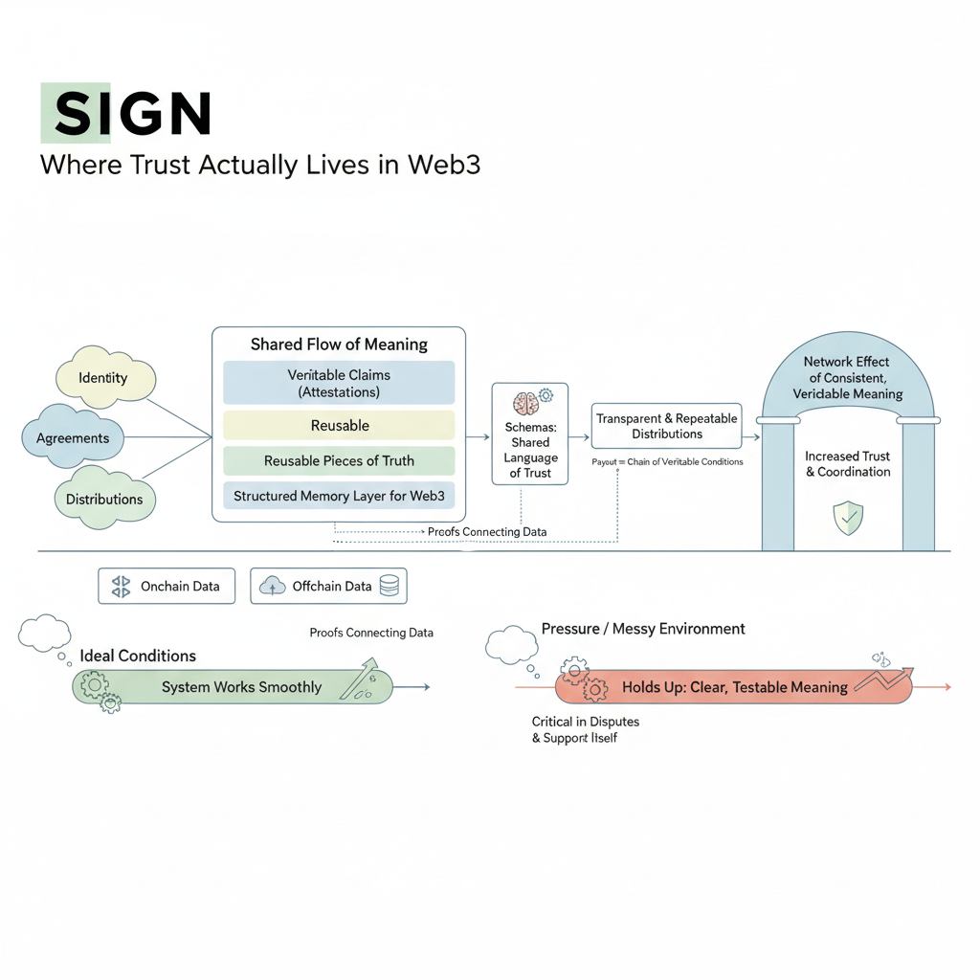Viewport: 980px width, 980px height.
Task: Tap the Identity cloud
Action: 104,378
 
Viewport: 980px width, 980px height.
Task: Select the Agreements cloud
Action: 73,438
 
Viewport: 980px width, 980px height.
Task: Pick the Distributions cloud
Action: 104,499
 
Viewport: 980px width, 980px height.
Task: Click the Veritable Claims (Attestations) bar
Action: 339,383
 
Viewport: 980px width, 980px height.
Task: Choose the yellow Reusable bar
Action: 339,425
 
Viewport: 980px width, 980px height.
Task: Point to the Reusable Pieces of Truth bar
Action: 339,460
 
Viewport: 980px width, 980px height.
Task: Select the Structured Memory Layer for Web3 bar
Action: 339,496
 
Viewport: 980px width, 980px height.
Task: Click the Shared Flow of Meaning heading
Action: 339,345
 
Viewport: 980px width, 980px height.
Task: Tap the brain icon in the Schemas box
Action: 525,403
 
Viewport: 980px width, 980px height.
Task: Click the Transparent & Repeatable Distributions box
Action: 666,426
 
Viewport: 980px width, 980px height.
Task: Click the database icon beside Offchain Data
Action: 389,586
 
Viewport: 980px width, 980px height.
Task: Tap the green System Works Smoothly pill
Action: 233,687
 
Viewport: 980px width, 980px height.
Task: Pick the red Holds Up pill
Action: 733,687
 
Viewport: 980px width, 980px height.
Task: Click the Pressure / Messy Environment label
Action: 643,629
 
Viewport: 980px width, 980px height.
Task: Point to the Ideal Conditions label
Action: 138,656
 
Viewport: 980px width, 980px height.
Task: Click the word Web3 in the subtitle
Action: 444,165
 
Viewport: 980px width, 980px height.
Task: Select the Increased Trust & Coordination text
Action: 847,464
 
